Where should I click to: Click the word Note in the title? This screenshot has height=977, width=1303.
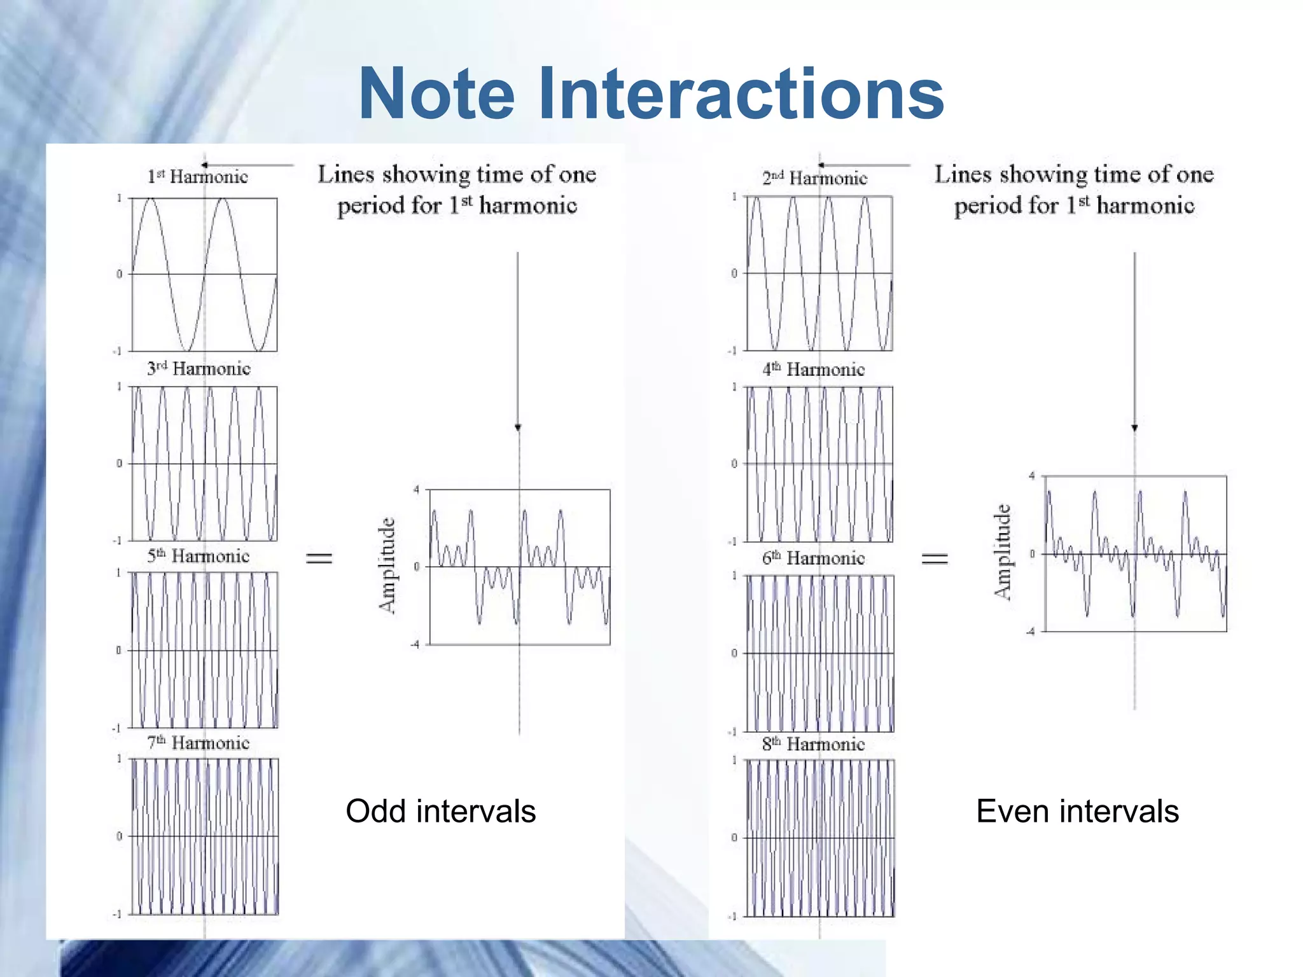436,94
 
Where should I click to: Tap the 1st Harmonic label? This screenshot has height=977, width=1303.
198,176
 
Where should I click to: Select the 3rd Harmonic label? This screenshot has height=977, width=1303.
199,368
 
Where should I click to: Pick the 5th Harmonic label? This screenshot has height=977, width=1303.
198,556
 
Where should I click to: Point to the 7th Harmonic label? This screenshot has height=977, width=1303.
198,742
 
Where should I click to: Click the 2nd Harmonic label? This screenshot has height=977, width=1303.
814,178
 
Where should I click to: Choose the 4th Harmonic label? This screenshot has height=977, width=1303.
814,369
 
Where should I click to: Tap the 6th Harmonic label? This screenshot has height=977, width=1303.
814,558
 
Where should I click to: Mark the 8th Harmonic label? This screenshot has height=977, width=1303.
814,744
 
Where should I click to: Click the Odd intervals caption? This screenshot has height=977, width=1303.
440,811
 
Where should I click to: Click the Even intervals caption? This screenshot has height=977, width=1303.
1077,811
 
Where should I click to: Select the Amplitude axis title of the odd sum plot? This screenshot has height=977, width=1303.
387,565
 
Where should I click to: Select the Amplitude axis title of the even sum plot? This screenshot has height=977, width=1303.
1003,551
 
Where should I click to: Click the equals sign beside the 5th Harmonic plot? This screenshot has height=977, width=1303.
319,558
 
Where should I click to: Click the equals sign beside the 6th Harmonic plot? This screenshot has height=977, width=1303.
935,558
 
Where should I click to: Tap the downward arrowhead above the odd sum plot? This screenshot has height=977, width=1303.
518,427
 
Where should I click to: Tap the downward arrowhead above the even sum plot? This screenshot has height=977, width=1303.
1134,427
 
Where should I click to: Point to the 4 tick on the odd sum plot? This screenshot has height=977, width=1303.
416,490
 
